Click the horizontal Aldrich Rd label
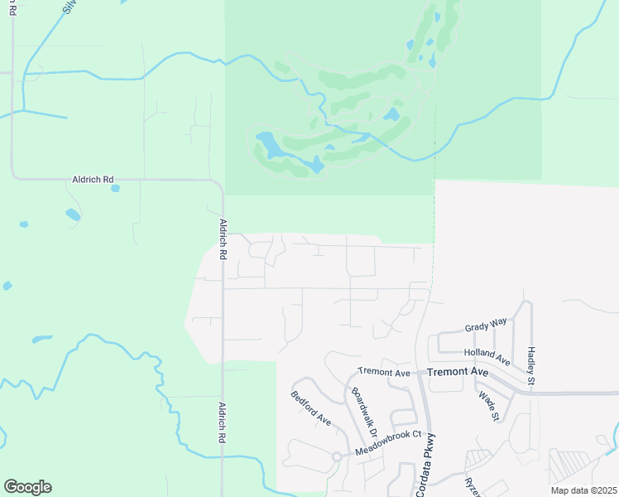[91, 180]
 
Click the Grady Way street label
[484, 326]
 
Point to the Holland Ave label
[486, 355]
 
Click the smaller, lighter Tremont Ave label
[384, 373]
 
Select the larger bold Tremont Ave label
[458, 373]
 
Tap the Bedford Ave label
[311, 408]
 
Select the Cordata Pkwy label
[431, 465]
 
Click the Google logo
[27, 487]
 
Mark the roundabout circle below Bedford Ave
[337, 456]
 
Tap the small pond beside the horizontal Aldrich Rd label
[115, 188]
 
